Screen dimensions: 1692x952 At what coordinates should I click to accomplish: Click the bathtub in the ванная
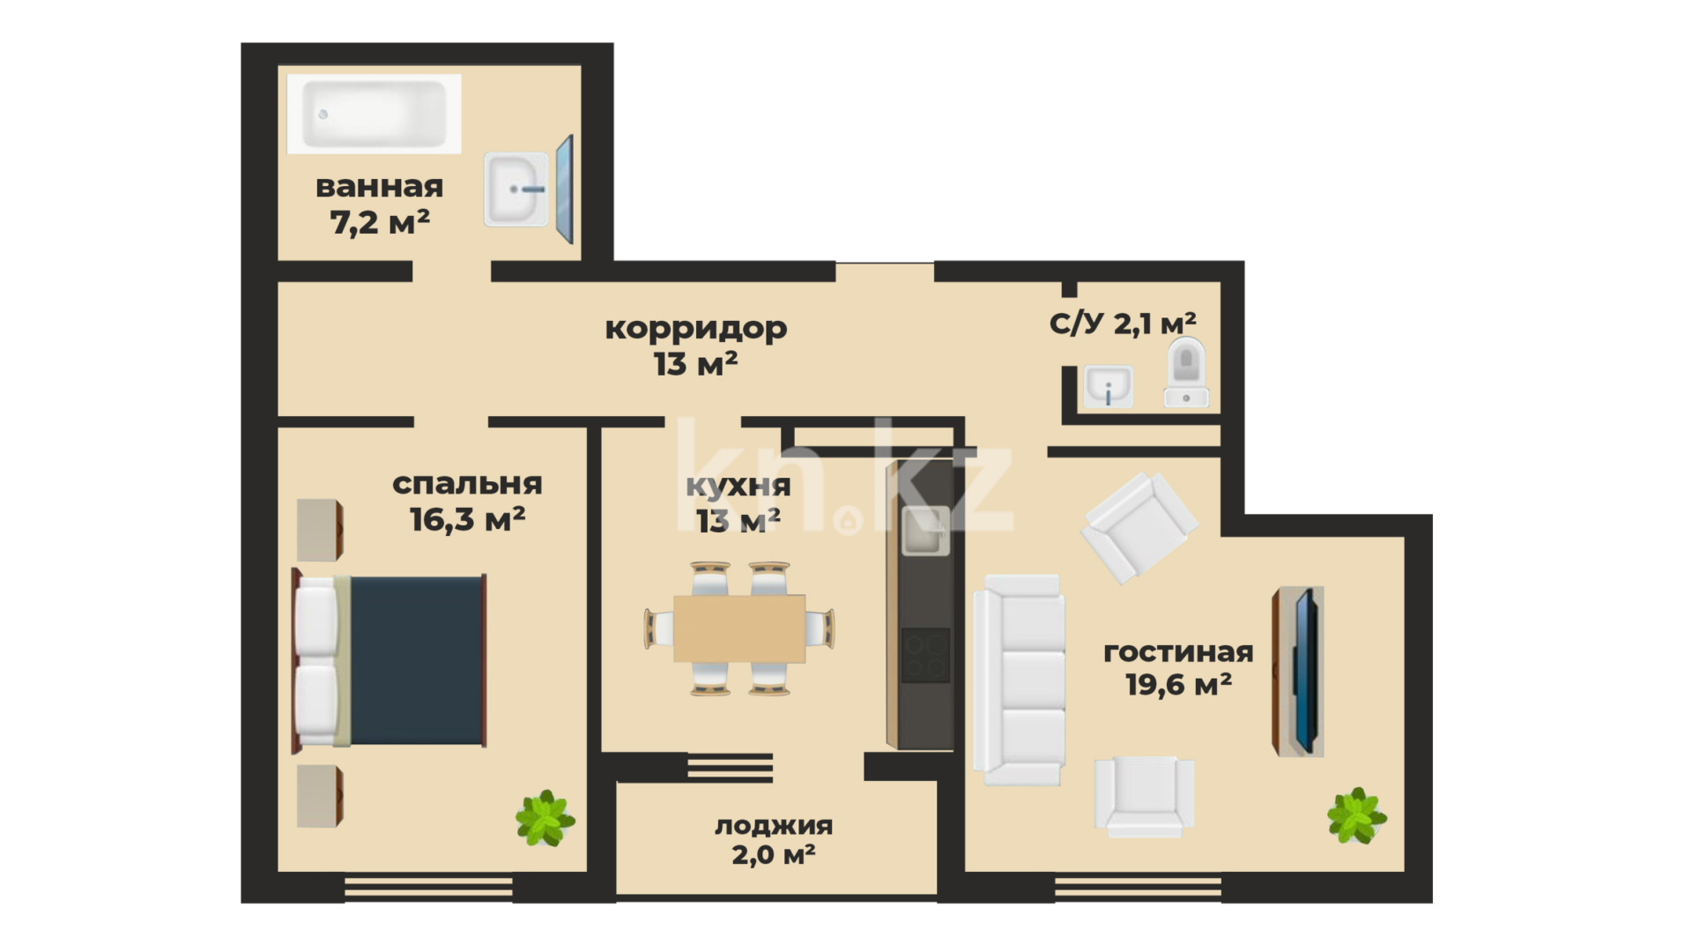pos(374,114)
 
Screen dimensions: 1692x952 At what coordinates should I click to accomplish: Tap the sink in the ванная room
pos(516,189)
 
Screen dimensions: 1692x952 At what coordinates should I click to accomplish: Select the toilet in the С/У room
pos(1186,371)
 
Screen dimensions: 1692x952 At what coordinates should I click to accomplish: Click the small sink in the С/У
pos(1109,387)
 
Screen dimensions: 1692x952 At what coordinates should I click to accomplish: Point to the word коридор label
pos(696,328)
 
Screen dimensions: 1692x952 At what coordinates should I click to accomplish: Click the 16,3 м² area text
pos(467,519)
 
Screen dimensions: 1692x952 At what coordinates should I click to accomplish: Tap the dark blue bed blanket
pos(417,660)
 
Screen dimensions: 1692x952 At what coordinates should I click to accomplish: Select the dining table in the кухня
pos(739,628)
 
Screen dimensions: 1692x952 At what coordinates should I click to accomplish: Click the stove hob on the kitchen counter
pos(925,655)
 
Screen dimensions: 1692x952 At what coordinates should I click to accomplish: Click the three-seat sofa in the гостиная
pos(1019,680)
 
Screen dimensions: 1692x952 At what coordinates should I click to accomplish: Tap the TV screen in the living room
pos(1306,671)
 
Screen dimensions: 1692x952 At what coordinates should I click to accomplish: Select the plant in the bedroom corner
pos(545,818)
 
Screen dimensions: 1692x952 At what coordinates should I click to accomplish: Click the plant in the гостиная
pos(1357,815)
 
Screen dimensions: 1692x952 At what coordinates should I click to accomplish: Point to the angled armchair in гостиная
pos(1139,527)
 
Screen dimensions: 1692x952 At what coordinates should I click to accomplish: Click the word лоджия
pos(774,826)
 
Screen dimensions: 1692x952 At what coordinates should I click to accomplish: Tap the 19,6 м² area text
pos(1178,684)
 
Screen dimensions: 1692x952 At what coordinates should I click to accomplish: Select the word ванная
pos(379,187)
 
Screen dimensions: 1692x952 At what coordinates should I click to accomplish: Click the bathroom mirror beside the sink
pos(565,190)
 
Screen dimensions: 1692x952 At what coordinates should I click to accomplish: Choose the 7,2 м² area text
pos(380,222)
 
